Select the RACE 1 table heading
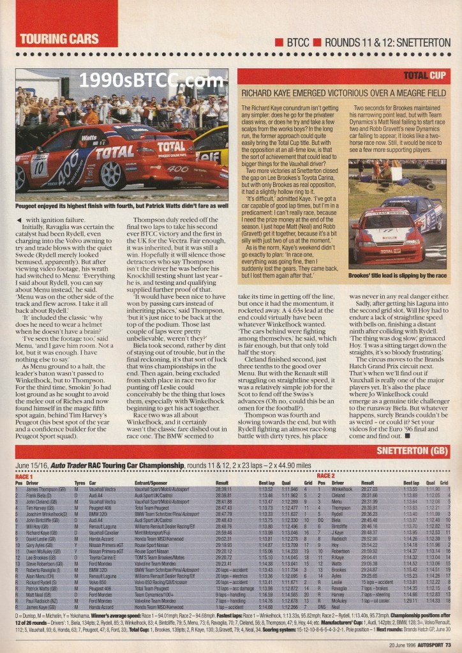(x=24, y=476)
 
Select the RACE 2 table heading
(x=325, y=476)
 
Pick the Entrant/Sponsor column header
(x=151, y=483)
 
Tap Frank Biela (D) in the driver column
(x=40, y=494)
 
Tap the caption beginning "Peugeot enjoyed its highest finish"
(x=121, y=207)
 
